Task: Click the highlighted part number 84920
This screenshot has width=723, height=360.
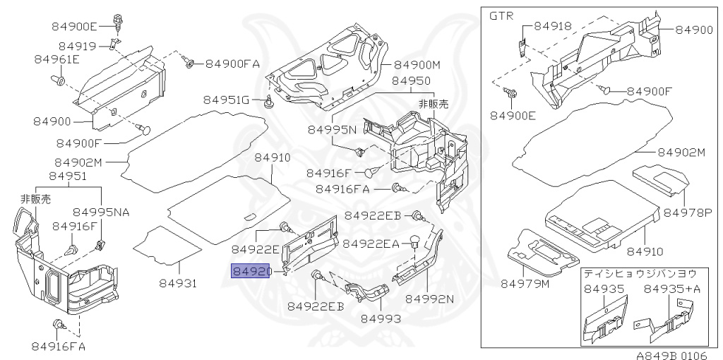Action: pos(252,271)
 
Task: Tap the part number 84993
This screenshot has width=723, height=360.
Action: pos(381,318)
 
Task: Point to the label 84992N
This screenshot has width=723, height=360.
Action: pos(429,299)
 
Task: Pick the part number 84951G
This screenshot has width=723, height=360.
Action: pos(227,100)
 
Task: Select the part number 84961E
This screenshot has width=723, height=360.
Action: pos(56,59)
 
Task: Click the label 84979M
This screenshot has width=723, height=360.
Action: pos(525,284)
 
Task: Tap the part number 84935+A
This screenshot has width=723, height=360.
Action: pos(667,288)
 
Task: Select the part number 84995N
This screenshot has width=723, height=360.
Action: pos(331,130)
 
